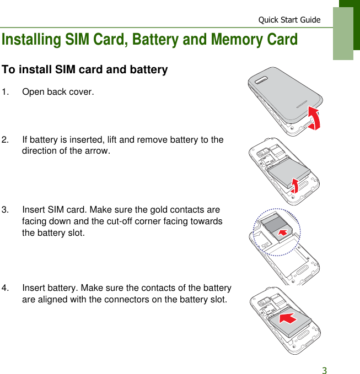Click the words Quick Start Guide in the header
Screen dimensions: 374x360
coord(289,20)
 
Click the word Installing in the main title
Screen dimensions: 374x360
coord(32,40)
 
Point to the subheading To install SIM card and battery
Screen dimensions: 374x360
coord(85,70)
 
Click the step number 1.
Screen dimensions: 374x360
coord(5,91)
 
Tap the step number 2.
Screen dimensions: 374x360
coord(5,140)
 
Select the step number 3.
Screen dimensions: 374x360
coord(5,210)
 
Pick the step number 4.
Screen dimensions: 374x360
coord(5,288)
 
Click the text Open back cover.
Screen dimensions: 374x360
coord(58,91)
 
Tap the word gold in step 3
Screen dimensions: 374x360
coord(155,210)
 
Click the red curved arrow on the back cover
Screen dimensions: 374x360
coord(315,118)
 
